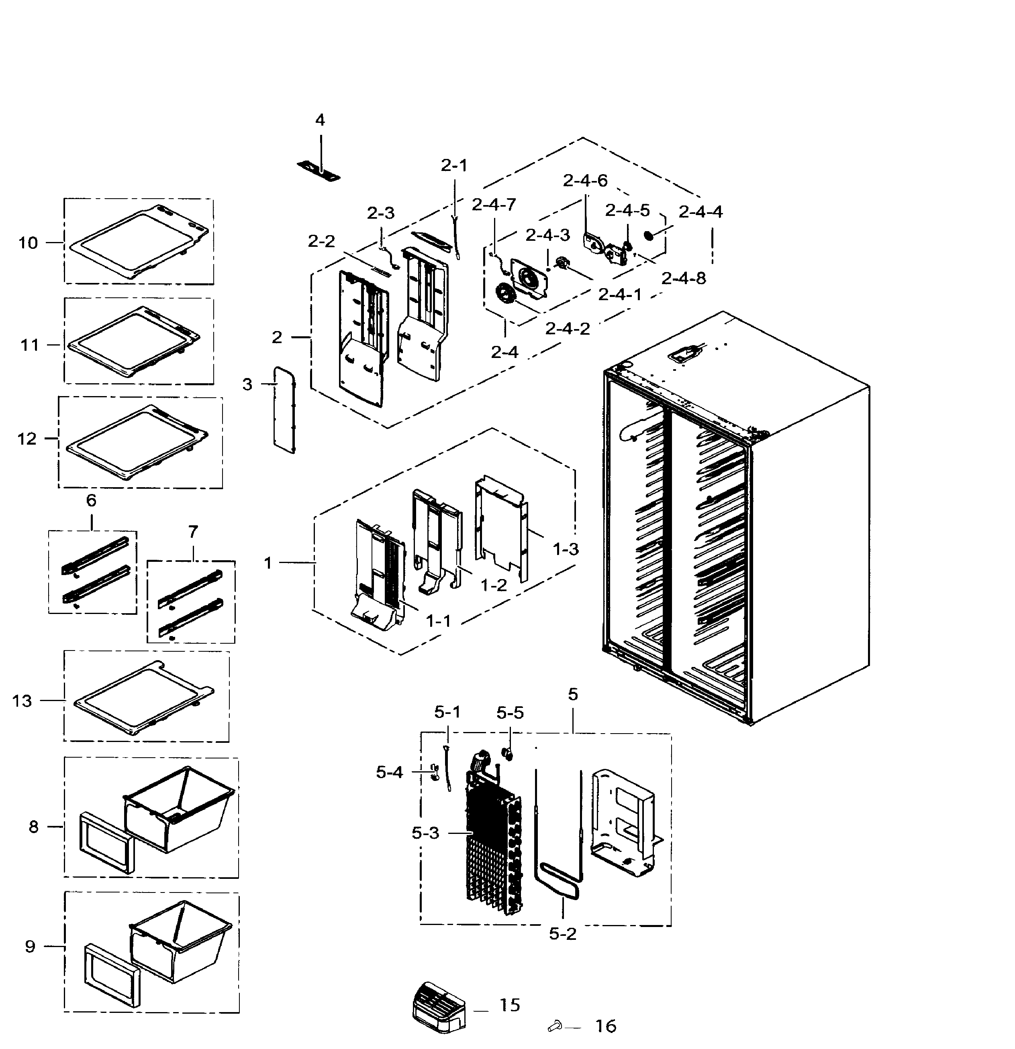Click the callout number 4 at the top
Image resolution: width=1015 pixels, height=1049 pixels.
pyautogui.click(x=320, y=120)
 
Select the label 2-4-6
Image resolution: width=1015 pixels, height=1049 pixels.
pyautogui.click(x=585, y=181)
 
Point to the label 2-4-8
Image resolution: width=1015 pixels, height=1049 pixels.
pyautogui.click(x=684, y=279)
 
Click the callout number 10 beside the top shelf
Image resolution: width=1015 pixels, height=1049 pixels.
pyautogui.click(x=29, y=243)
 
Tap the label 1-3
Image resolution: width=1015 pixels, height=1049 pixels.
pyautogui.click(x=566, y=549)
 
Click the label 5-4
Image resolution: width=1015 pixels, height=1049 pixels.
pyautogui.click(x=389, y=772)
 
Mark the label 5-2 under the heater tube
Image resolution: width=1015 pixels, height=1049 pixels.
pyautogui.click(x=562, y=934)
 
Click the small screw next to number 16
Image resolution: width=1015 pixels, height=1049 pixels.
pyautogui.click(x=554, y=1026)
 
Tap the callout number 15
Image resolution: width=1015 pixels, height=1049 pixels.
pyautogui.click(x=510, y=1005)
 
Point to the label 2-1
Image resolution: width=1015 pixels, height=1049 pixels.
pyautogui.click(x=454, y=166)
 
